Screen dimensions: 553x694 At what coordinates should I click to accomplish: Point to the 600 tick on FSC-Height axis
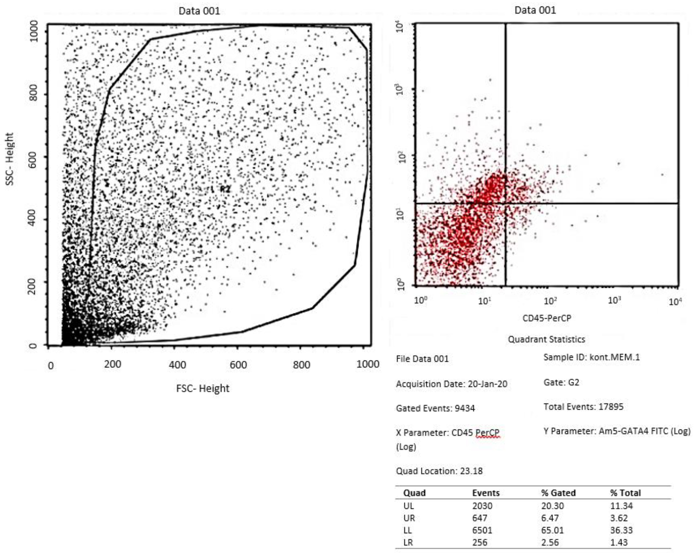(238, 365)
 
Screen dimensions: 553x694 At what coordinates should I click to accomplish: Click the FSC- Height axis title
(203, 388)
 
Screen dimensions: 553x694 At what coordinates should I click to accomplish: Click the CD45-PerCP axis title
(547, 318)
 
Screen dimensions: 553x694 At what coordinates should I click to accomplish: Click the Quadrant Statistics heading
(546, 339)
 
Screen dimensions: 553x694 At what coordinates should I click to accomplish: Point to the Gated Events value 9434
(465, 408)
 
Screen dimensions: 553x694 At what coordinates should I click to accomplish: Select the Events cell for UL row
(482, 506)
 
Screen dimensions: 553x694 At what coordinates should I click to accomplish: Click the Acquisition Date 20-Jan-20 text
(452, 384)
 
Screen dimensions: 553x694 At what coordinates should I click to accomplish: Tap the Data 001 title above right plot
(535, 10)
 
